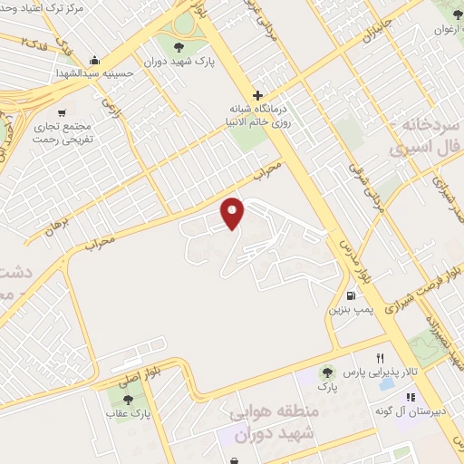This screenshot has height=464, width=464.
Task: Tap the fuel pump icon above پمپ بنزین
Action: (350, 295)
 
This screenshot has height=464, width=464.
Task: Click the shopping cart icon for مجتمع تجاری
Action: (62, 113)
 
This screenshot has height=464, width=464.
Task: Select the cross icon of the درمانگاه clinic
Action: (257, 95)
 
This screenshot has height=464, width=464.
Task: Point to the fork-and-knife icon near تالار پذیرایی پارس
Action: (380, 358)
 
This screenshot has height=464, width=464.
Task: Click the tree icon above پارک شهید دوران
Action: (177, 47)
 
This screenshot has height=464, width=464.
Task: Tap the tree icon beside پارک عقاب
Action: (126, 399)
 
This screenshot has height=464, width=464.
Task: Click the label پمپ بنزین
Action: (349, 310)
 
